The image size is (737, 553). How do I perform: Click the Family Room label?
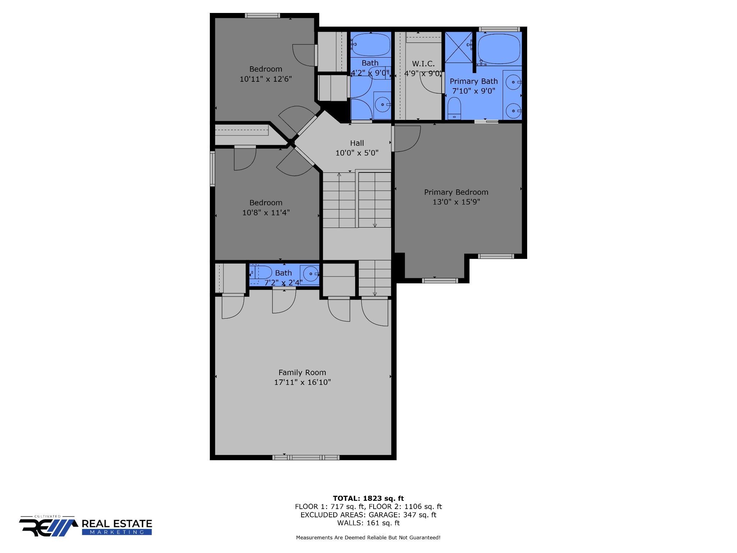point(302,373)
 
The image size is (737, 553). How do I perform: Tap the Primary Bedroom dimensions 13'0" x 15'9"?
point(456,202)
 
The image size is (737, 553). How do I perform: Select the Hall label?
point(357,143)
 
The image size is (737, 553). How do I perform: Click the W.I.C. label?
point(423,64)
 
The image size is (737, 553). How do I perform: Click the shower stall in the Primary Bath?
point(459,47)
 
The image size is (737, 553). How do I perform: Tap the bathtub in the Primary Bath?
point(499,49)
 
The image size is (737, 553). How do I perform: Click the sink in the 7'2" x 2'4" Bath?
point(311,274)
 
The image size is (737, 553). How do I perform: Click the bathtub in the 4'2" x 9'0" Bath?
point(371,45)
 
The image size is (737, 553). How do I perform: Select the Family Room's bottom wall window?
point(306,457)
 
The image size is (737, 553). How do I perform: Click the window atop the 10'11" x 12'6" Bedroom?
point(263,15)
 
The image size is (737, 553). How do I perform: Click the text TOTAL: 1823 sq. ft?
point(368,498)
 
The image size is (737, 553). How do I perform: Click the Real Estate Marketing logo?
point(86,526)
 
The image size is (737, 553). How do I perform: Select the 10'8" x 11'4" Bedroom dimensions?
point(266,213)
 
